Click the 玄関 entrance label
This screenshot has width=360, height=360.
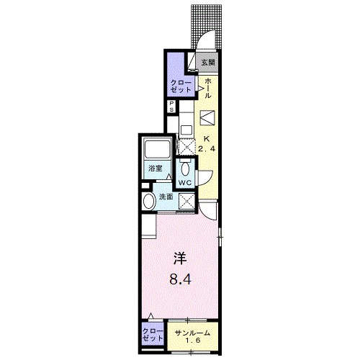tap(207, 62)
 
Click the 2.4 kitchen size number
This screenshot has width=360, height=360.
tap(207, 148)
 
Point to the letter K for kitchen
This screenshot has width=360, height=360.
tap(206, 139)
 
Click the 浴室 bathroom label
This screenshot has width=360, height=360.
tap(155, 168)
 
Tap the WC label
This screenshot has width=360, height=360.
tap(184, 183)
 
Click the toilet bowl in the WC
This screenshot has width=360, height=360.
tap(185, 169)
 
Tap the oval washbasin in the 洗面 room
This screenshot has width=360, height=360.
tap(148, 202)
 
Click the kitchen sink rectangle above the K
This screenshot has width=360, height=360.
tap(207, 117)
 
